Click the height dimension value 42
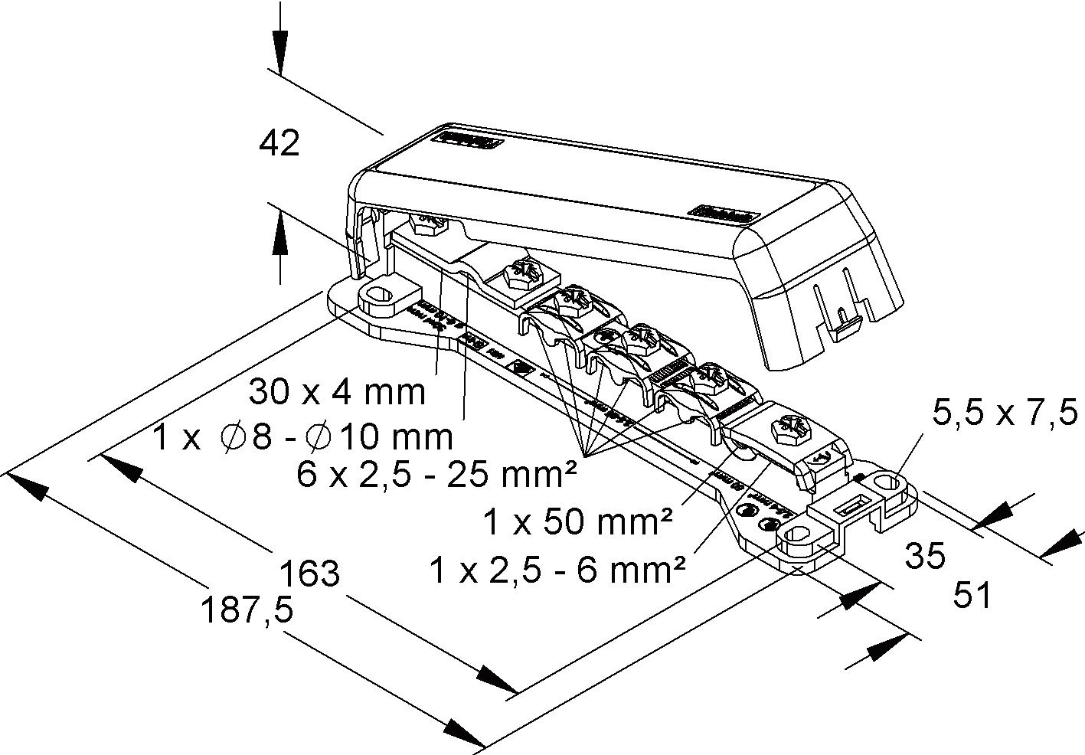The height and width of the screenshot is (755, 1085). tap(279, 144)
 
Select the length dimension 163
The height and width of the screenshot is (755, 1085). tap(309, 573)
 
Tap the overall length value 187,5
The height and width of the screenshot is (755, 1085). tap(247, 611)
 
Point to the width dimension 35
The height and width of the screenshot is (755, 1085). tap(925, 557)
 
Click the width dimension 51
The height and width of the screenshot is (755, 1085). tap(972, 595)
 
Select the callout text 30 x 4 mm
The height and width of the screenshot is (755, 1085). tap(337, 392)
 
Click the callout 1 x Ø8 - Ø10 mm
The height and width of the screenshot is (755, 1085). tap(302, 438)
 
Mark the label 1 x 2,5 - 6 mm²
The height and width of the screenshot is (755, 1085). tap(557, 570)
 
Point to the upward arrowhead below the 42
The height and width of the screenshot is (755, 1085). tap(280, 234)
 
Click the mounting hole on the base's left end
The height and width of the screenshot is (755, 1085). tap(381, 295)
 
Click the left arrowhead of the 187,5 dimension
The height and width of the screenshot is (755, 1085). tap(26, 485)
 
